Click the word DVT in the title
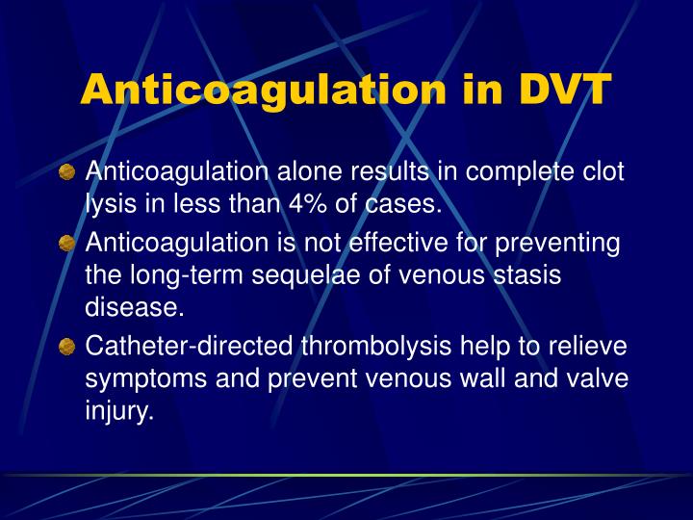click(564, 89)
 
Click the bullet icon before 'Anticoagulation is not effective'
click(66, 244)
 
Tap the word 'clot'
click(602, 172)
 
